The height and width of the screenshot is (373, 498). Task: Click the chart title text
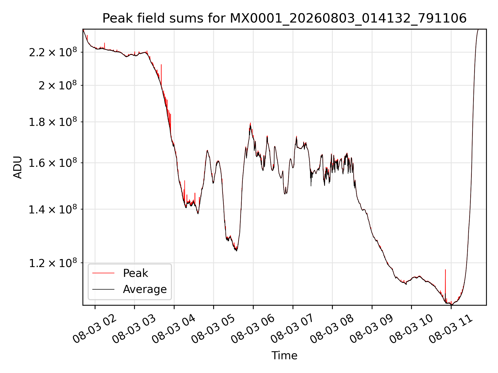click(285, 18)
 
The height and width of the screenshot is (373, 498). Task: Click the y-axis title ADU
click(18, 167)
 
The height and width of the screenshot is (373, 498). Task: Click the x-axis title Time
click(284, 355)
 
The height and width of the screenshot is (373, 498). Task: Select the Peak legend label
click(135, 273)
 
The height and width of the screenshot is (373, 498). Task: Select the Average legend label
click(145, 289)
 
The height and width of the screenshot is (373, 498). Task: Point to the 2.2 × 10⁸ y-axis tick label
click(53, 52)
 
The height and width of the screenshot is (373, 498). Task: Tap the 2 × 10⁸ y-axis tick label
click(58, 85)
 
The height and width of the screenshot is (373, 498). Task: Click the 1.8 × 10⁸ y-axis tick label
click(53, 122)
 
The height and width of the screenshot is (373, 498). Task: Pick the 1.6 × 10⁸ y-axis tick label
click(53, 163)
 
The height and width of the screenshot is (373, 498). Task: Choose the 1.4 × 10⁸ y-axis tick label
click(53, 209)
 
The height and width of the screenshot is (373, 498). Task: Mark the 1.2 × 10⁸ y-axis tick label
click(53, 263)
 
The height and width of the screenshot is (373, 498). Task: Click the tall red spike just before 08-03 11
click(445, 285)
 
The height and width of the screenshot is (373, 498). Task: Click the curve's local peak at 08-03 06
click(250, 123)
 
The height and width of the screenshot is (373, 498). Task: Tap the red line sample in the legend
click(103, 273)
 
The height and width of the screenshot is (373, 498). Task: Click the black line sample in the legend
click(103, 289)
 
